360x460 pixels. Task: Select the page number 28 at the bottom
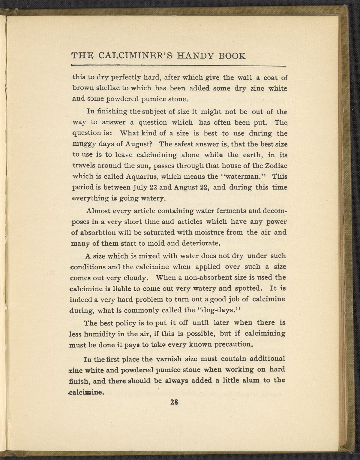point(174,403)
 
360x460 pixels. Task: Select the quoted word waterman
point(246,177)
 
